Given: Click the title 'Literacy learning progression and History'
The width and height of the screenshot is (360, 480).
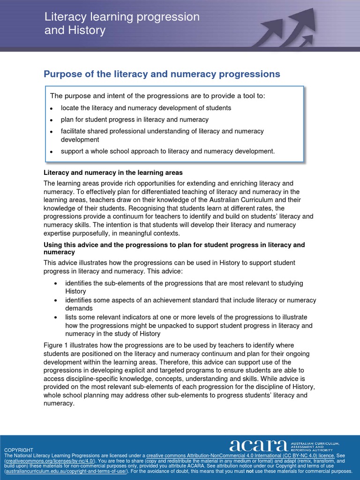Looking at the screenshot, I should pos(122,24).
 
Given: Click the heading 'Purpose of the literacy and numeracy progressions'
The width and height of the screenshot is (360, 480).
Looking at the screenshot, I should pos(162,74).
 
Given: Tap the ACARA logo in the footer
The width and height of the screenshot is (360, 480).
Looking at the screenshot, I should pos(258,446).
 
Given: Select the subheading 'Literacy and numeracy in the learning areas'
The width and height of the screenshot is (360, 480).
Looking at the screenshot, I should pos(113,173).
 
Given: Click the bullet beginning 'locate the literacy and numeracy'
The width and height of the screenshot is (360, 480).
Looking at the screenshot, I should pos(146,108).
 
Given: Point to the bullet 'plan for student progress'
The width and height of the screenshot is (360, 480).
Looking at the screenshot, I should pos(135,120).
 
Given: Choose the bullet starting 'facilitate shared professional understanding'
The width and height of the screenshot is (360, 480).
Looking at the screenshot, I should pos(162,135).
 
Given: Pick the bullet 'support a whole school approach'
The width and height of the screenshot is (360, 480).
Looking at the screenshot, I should pos(167,151).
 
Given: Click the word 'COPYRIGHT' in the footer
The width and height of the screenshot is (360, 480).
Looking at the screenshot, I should pos(19,450).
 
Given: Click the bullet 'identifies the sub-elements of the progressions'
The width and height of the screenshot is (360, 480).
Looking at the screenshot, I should pos(184,287).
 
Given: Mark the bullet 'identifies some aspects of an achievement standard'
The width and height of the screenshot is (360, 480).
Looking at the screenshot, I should pos(190,304).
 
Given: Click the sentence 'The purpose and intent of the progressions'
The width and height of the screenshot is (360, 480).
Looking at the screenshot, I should pos(157,96).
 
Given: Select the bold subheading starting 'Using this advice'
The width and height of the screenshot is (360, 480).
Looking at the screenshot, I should pos(174,248).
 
